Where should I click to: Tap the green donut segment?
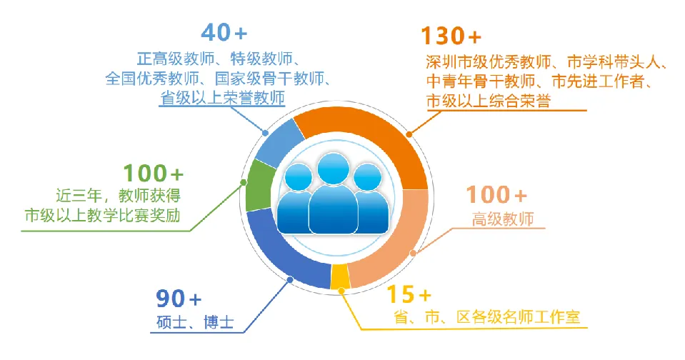256,186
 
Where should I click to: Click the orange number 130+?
451,36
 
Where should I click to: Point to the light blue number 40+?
224,32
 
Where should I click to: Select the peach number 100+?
496,195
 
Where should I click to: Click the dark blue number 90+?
179,299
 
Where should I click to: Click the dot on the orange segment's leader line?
409,134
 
